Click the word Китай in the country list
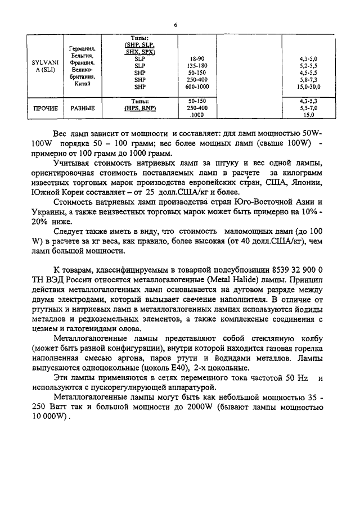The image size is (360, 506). tap(83, 83)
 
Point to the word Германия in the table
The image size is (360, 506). tap(83, 49)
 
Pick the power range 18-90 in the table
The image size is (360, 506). tap(196, 58)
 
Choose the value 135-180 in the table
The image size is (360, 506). tap(196, 66)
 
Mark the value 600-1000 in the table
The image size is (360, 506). tap(196, 87)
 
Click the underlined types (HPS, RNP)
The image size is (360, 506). tap(140, 108)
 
